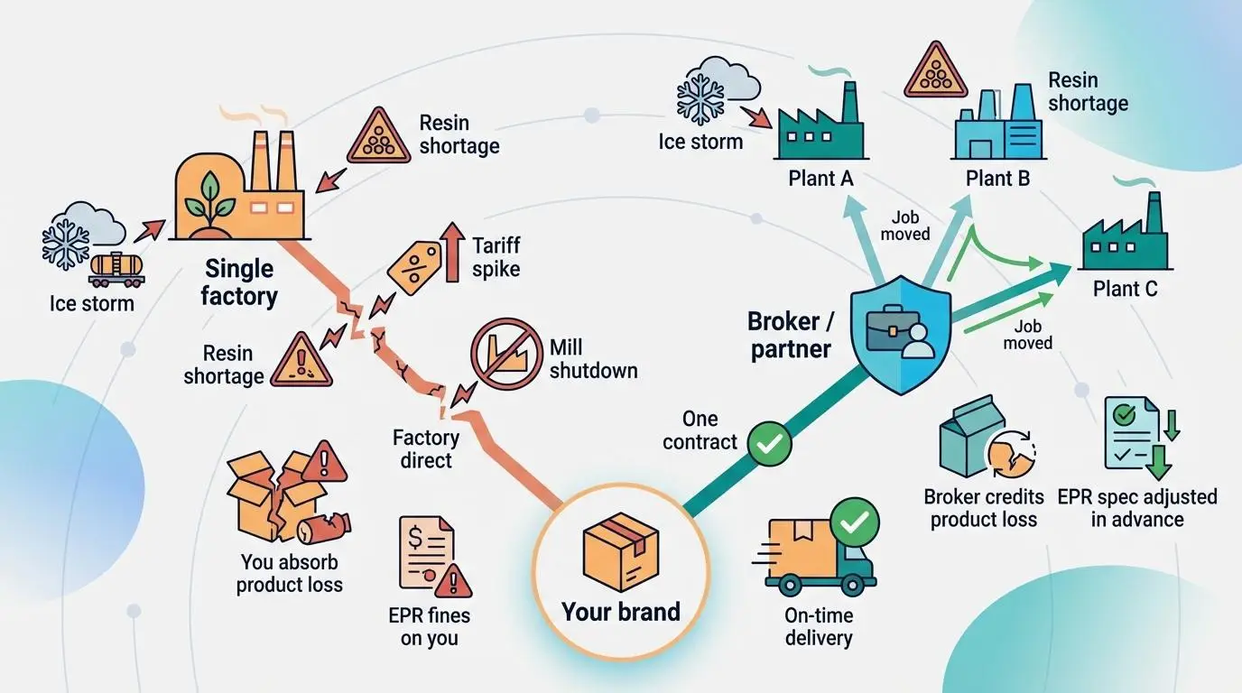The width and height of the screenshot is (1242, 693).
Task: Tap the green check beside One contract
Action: pyautogui.click(x=769, y=443)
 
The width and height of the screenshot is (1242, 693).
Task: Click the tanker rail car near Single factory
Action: pyautogui.click(x=117, y=265)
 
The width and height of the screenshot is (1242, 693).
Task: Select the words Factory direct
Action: pyautogui.click(x=426, y=448)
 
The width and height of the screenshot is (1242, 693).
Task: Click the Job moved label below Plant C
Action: pyautogui.click(x=1027, y=334)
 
